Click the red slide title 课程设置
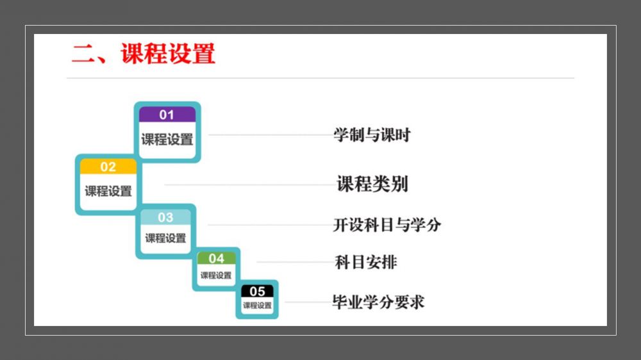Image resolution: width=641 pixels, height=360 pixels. tap(167, 54)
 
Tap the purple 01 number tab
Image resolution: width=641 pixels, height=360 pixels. tap(167, 115)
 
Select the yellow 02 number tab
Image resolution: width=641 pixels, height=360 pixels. tap(108, 167)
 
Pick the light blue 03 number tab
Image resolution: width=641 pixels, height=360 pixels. tap(165, 217)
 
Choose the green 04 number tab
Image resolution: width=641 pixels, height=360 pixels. tap(216, 258)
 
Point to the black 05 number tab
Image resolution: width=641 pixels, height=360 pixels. tap(257, 291)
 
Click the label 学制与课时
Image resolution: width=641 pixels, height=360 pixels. tap(372, 135)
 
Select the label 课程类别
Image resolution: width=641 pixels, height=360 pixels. tap(372, 184)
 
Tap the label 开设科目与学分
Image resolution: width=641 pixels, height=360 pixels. tap(387, 225)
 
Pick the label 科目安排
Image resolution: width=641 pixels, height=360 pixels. tap(365, 263)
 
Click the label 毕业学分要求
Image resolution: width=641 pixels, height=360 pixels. tap(378, 302)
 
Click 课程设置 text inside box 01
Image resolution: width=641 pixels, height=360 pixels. tap(167, 140)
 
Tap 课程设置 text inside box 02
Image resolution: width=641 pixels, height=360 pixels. tap(108, 191)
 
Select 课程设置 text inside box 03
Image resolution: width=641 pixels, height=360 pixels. tap(165, 238)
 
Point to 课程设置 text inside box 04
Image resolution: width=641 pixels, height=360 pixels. tap(216, 275)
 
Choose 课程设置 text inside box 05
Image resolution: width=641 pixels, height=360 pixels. tap(257, 306)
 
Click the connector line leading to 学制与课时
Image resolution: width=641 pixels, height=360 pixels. tap(271, 135)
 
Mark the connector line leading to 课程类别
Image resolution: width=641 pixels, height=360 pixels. tap(250, 184)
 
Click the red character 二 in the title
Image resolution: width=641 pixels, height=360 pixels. tap(83, 54)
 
